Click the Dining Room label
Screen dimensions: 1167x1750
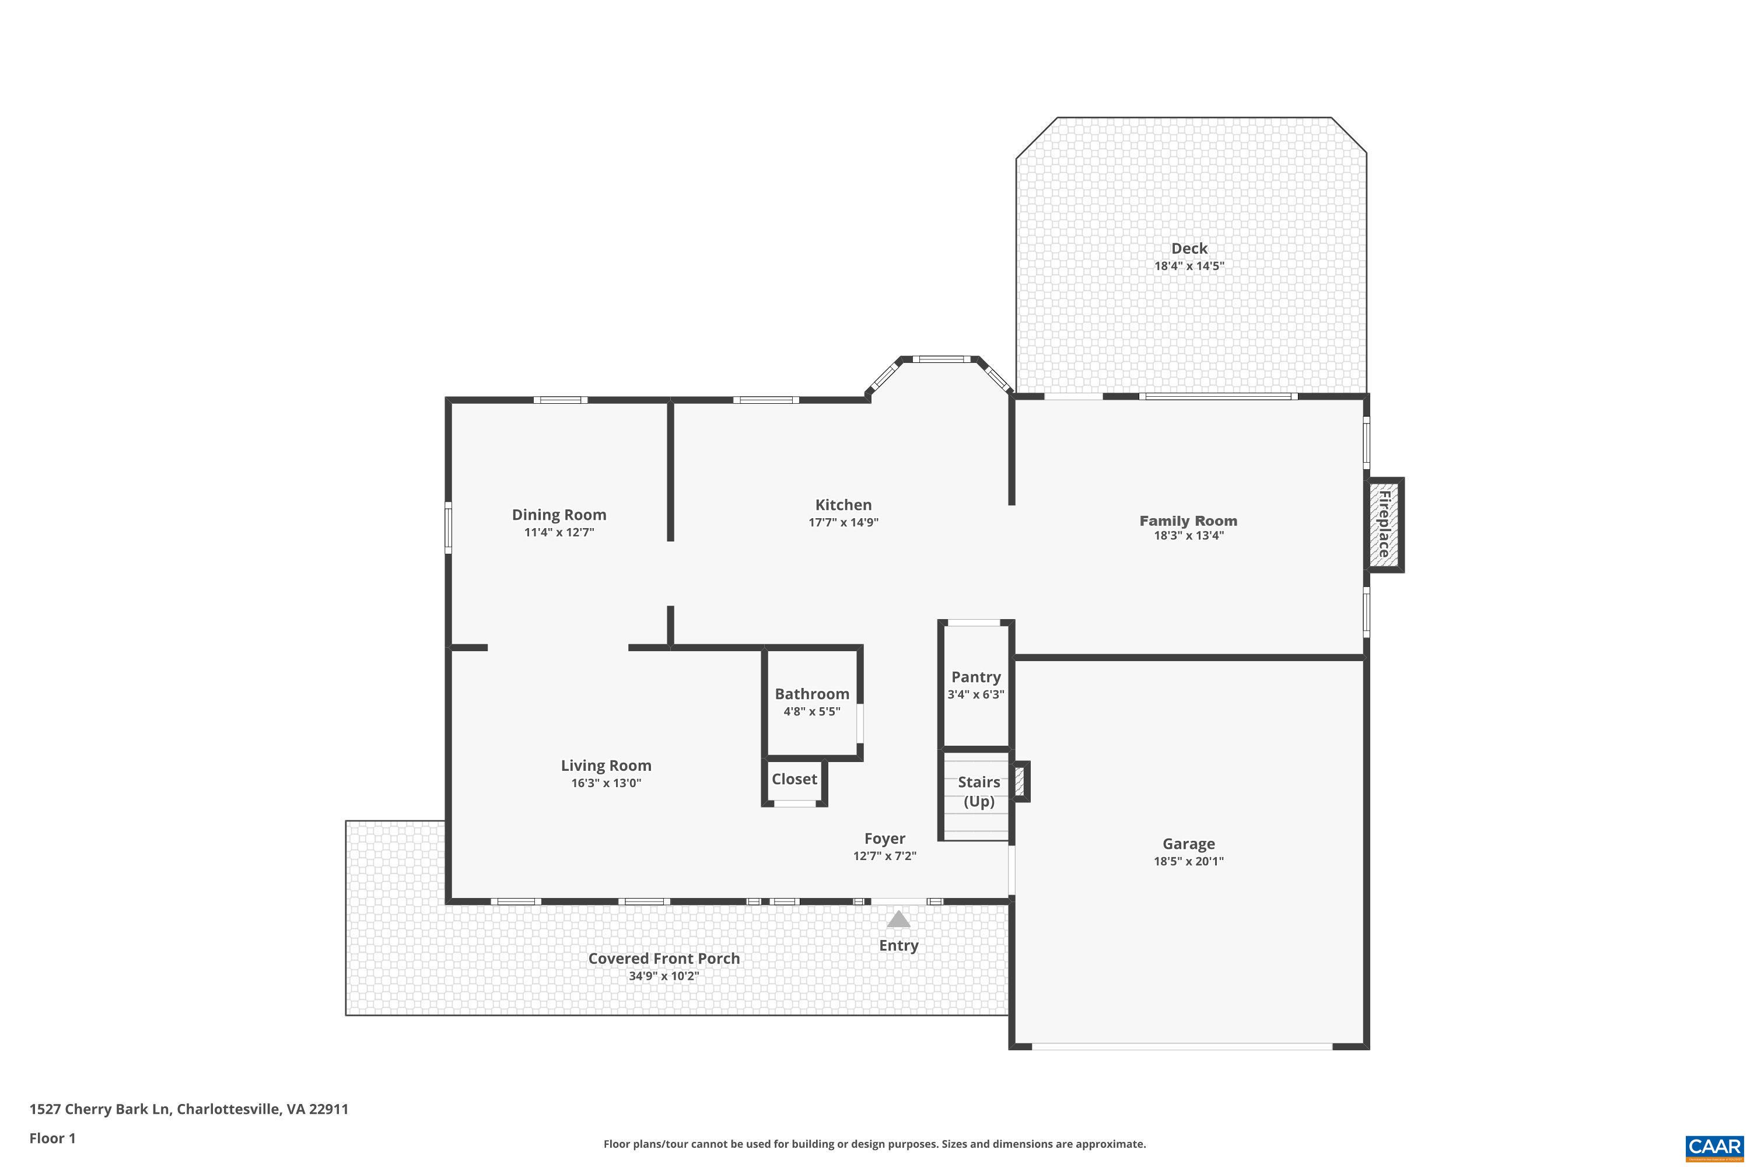pos(559,514)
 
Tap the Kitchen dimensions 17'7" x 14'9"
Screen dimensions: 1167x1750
pos(843,522)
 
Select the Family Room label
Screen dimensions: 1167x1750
pos(1188,521)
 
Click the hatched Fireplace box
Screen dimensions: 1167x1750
pos(1384,525)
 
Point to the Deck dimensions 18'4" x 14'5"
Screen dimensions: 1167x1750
pos(1189,265)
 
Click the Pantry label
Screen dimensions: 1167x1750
pos(975,676)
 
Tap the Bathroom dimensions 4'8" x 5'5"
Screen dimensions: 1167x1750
pos(812,711)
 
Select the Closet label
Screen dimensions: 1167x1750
pos(794,779)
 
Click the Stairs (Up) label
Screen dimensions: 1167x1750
pos(978,791)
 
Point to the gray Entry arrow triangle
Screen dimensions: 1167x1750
pos(899,920)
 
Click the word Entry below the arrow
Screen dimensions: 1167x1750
pos(899,945)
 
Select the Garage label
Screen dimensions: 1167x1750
pos(1188,843)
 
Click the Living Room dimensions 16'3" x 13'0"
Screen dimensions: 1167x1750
pos(605,783)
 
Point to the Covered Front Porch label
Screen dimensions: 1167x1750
pos(664,959)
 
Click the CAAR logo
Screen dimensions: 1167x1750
pos(1715,1148)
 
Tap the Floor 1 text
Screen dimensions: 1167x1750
pos(52,1138)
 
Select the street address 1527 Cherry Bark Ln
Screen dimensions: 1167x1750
pos(100,1109)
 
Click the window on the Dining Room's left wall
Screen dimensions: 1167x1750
pos(448,527)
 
